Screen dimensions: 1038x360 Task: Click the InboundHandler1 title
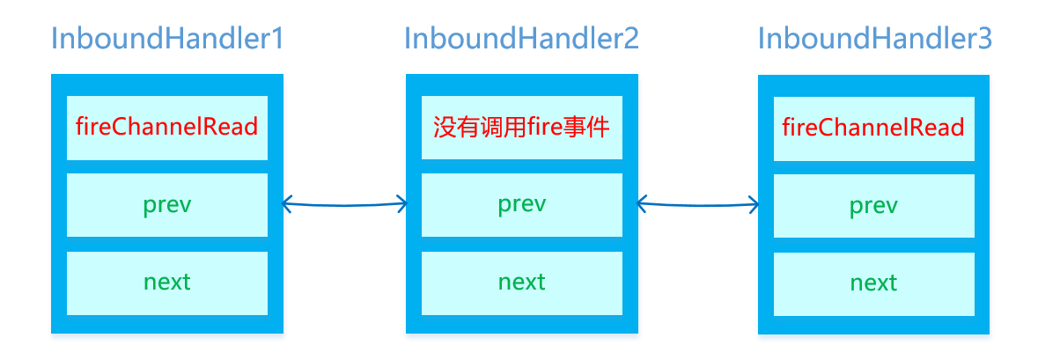[167, 39]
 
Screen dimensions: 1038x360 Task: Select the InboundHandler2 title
[522, 39]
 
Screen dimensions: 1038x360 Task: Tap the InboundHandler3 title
[875, 39]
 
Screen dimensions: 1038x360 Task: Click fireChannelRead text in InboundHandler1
[166, 127]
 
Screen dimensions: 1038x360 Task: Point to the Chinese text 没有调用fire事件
[522, 127]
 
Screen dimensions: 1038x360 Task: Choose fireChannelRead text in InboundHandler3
[874, 127]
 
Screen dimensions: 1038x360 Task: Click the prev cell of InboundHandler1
[166, 205]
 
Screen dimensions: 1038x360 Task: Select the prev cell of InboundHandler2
[522, 205]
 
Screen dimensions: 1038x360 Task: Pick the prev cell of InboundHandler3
[874, 206]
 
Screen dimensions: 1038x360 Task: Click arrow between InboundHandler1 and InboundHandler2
[344, 204]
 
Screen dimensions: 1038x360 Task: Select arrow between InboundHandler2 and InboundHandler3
[698, 204]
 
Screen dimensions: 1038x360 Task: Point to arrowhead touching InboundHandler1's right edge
[286, 204]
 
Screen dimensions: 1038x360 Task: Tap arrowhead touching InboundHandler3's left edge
[755, 204]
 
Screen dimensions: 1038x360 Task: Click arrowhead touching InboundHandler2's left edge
[402, 204]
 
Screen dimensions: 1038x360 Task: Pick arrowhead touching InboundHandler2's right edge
[641, 204]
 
